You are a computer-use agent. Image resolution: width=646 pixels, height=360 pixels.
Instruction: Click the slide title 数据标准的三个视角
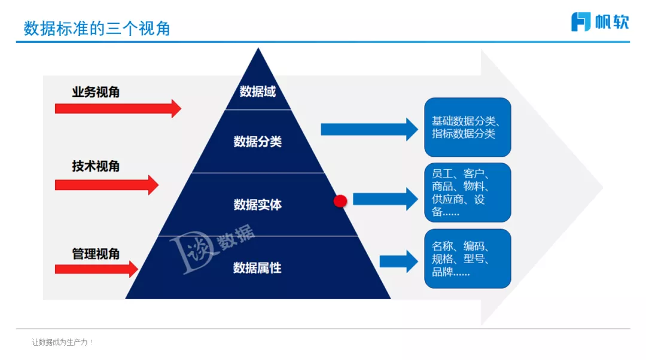pyautogui.click(x=97, y=28)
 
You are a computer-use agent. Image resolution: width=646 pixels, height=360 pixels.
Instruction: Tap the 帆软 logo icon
pyautogui.click(x=581, y=22)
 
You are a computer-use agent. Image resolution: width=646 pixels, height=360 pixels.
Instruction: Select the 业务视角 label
pyautogui.click(x=96, y=92)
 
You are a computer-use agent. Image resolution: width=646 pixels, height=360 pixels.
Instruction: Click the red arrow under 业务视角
pyautogui.click(x=117, y=108)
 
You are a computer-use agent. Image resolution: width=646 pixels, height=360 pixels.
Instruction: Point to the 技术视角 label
pyautogui.click(x=96, y=166)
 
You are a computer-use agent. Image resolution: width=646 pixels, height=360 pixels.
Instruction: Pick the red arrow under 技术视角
pyautogui.click(x=106, y=185)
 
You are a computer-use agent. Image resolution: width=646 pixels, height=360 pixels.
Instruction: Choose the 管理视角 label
pyautogui.click(x=96, y=254)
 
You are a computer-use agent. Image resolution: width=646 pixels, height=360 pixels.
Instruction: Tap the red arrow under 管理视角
pyautogui.click(x=96, y=269)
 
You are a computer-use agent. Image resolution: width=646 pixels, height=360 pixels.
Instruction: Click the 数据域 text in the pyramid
pyautogui.click(x=257, y=91)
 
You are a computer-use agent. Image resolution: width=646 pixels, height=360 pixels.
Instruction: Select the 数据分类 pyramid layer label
pyautogui.click(x=257, y=142)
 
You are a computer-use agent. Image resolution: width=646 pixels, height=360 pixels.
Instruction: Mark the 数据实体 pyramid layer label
pyautogui.click(x=257, y=205)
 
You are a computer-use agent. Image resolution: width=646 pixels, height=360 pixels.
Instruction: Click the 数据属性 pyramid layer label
pyautogui.click(x=257, y=268)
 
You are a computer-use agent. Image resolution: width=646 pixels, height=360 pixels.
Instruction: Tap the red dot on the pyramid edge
pyautogui.click(x=340, y=201)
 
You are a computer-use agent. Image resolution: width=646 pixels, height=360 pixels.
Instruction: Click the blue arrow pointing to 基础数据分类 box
pyautogui.click(x=369, y=129)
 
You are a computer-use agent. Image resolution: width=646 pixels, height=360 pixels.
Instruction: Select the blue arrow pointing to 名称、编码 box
pyautogui.click(x=398, y=261)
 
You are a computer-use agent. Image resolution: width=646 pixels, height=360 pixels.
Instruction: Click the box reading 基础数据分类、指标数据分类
pyautogui.click(x=468, y=127)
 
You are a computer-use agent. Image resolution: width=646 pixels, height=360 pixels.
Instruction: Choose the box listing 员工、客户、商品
pyautogui.click(x=468, y=192)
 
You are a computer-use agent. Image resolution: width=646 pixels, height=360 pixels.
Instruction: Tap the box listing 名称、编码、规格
pyautogui.click(x=468, y=258)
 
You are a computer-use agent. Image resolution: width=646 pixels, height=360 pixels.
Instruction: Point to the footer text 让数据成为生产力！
pyautogui.click(x=63, y=342)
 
